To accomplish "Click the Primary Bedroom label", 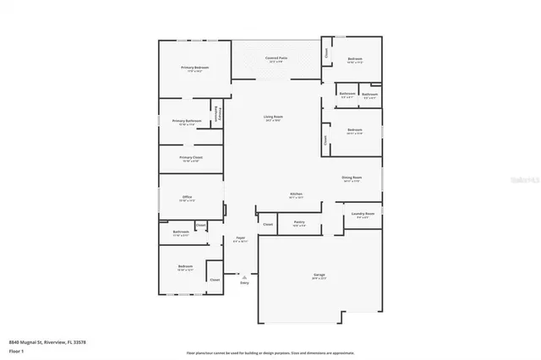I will tap(194, 68).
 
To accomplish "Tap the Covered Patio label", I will tap(278, 59).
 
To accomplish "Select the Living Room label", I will tap(273, 117).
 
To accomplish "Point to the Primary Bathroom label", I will tap(187, 122).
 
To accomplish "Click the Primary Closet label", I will tap(191, 158).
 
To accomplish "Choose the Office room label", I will tap(187, 198).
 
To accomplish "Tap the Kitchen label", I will tap(297, 194).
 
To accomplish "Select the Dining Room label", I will tap(351, 178).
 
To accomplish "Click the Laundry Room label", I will tap(363, 215).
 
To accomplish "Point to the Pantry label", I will tap(299, 223).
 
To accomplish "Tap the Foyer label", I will tap(240, 239).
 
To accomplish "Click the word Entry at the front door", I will tap(244, 283).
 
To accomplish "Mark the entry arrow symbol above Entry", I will tap(244, 276).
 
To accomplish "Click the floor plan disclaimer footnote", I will tap(270, 353).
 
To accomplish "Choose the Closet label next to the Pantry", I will tap(268, 224).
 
